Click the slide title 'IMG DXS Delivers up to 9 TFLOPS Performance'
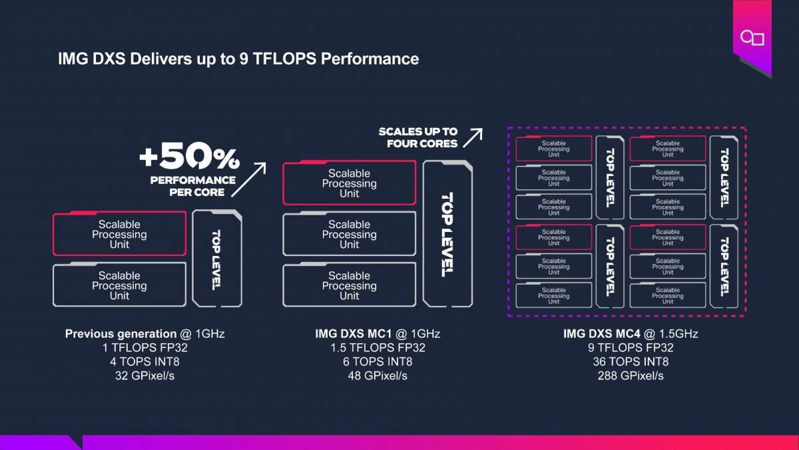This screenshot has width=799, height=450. pos(238,59)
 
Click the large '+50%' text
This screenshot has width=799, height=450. pos(189,158)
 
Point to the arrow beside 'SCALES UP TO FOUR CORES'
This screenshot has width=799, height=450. pos(473,137)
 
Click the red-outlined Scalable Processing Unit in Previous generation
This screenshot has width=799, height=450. pos(119,234)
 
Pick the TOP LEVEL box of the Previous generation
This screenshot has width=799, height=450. pos(216,259)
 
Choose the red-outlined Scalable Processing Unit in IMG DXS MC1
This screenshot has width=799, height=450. pos(349,183)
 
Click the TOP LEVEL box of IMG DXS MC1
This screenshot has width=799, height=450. pos(447,233)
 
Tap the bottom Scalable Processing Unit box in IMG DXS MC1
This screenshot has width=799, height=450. pos(349,285)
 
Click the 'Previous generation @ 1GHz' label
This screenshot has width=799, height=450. pos(144,333)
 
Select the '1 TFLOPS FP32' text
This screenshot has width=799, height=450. pos(144,347)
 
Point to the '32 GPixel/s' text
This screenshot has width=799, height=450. pos(144,376)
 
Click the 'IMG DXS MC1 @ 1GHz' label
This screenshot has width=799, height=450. pos(378,333)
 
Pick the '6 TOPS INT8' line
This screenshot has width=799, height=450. pos(378,361)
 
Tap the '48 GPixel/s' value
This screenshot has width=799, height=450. pos(378,376)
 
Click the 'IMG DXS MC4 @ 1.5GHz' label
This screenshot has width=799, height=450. pos(631,333)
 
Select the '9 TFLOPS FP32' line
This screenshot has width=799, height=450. pos(631,347)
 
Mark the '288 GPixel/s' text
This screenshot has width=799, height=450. pos(631,376)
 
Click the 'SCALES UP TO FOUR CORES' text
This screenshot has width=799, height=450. pos(418,137)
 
